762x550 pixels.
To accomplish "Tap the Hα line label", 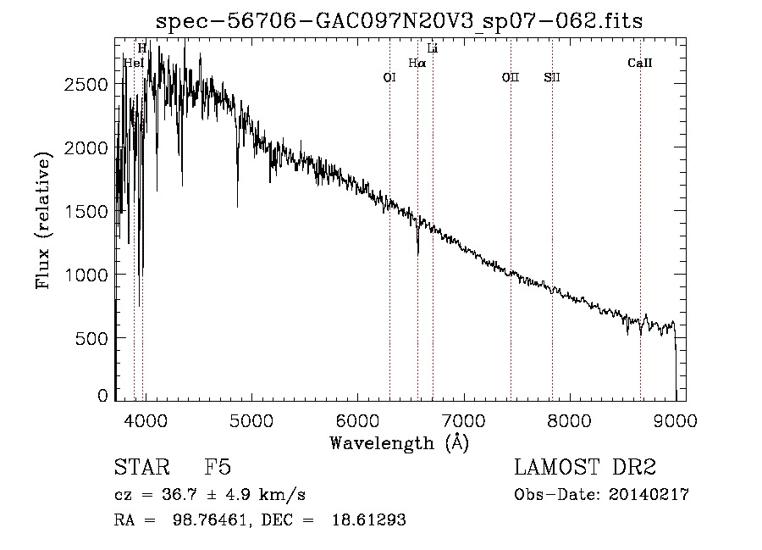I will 417,63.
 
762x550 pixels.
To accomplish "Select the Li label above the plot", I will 433,48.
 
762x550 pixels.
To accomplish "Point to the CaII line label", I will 640,63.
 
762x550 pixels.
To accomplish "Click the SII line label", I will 552,77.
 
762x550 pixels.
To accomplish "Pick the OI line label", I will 389,77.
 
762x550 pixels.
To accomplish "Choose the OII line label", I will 511,77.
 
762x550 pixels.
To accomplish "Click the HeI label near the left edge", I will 133,63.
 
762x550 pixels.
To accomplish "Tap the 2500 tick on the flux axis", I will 86,85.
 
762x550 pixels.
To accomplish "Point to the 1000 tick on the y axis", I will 86,275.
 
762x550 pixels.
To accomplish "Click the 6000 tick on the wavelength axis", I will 357,418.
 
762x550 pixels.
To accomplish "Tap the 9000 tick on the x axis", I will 676,418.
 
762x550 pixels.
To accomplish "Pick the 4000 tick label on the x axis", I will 145,418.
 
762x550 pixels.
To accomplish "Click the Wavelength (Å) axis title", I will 399,442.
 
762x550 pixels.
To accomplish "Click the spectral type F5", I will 218,468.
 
